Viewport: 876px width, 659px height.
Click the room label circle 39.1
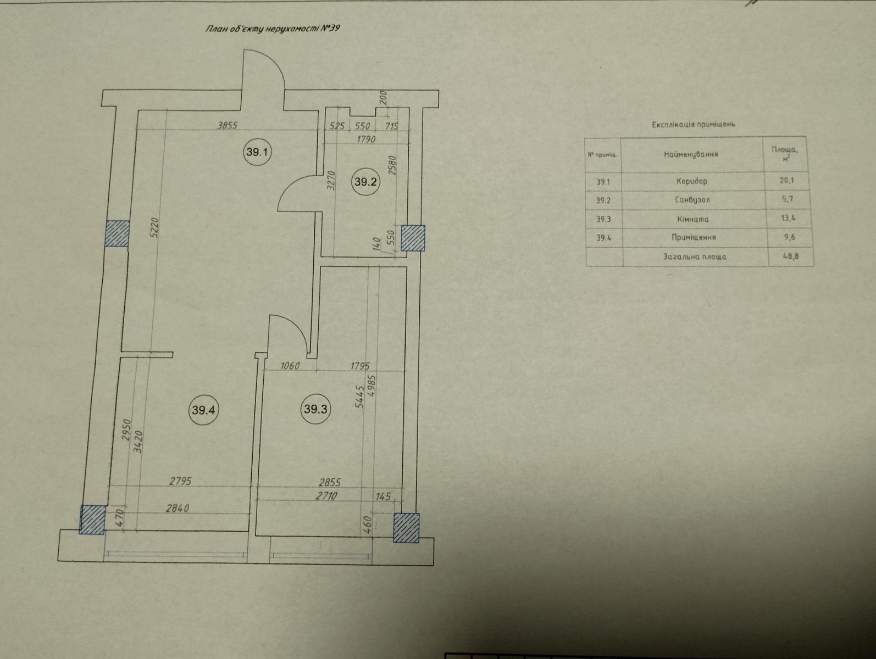(x=257, y=152)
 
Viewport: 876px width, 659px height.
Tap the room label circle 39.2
(x=365, y=181)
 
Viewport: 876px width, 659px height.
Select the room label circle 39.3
(x=315, y=409)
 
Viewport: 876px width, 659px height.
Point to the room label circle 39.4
(x=203, y=410)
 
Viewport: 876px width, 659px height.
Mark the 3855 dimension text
(x=227, y=125)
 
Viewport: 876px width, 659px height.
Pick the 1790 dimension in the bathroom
(x=366, y=139)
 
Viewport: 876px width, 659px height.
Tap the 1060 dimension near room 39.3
(x=290, y=365)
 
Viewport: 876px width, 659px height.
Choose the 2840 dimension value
(x=177, y=508)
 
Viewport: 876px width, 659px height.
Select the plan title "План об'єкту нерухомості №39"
(x=273, y=29)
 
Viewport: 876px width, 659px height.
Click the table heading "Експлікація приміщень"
(x=694, y=124)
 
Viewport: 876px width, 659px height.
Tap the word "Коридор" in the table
(x=691, y=181)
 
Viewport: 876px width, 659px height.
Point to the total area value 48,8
(x=790, y=255)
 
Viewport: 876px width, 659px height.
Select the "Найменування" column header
(x=691, y=154)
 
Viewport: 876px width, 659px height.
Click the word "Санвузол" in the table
(x=692, y=200)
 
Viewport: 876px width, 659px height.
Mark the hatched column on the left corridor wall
(x=117, y=233)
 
